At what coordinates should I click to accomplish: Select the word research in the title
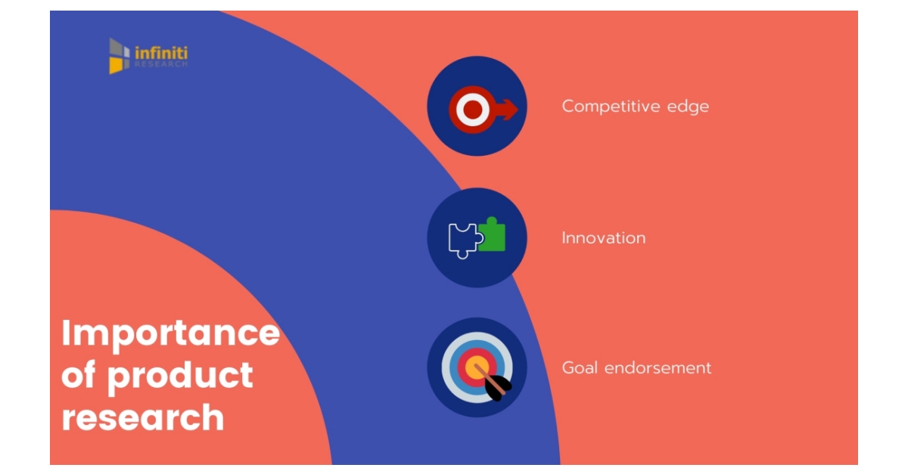coord(142,417)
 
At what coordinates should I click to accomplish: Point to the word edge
coord(688,107)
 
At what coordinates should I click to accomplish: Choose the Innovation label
coord(603,238)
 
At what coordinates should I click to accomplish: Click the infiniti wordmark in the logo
coord(160,52)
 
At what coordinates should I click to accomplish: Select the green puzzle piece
coord(493,235)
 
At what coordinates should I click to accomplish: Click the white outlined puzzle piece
coord(462,240)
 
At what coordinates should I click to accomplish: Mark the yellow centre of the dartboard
coord(475,368)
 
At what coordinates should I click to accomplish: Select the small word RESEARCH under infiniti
coord(160,65)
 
